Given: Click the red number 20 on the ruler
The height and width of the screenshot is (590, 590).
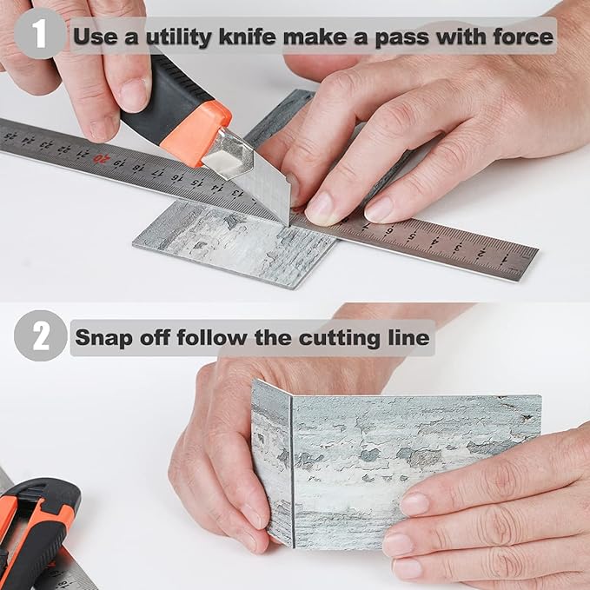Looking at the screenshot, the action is pyautogui.click(x=101, y=158).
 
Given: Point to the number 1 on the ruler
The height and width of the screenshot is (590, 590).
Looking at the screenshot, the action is pyautogui.click(x=503, y=260).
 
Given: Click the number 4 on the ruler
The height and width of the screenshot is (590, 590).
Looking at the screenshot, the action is pyautogui.click(x=435, y=241).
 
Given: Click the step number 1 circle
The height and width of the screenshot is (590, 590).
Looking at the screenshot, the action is pyautogui.click(x=39, y=34).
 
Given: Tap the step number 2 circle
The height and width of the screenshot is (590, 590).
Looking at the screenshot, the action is pyautogui.click(x=40, y=335).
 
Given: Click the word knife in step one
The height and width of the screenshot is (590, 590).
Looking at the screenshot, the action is pyautogui.click(x=248, y=36).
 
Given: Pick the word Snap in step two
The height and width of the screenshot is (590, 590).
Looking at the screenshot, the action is pyautogui.click(x=103, y=338).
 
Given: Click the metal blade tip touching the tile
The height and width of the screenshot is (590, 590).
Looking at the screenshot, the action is pyautogui.click(x=287, y=222).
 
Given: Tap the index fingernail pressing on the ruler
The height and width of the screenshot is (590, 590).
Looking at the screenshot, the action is pyautogui.click(x=319, y=210).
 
